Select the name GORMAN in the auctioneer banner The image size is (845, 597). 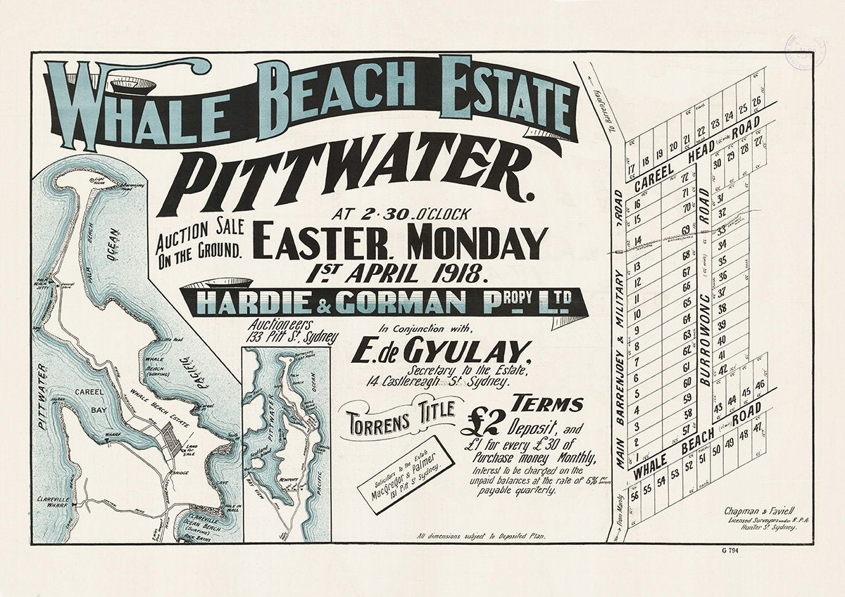399,302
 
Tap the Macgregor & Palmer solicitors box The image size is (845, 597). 403,475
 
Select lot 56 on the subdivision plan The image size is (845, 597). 635,494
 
